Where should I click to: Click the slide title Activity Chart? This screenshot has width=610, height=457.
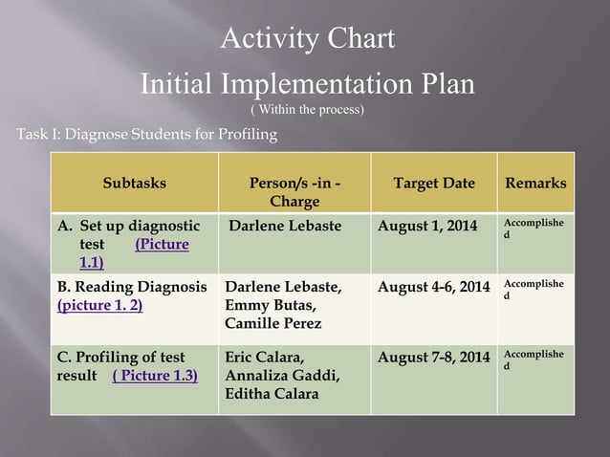pos(307,40)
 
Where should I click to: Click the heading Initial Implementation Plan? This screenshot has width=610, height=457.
pos(307,83)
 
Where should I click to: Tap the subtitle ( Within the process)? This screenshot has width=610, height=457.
pos(306,110)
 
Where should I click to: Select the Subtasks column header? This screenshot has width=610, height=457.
pos(135,183)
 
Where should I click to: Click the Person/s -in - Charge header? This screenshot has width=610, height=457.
pos(294,192)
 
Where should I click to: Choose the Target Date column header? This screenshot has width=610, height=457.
pos(434,183)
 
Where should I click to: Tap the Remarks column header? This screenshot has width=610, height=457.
pos(535,183)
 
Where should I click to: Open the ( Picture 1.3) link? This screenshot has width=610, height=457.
pos(155,376)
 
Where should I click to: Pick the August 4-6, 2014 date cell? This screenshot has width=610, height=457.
pos(435,286)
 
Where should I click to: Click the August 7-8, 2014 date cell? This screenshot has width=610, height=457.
pos(435,358)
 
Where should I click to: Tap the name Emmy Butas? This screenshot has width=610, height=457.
pos(265,306)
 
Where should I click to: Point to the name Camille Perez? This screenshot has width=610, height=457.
pos(272,325)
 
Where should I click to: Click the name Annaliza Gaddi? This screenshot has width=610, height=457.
pos(277,376)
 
